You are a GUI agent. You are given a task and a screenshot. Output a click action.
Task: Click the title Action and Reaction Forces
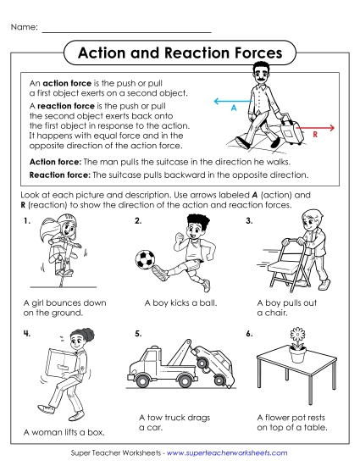click(x=180, y=53)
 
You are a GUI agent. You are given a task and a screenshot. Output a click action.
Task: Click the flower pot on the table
click(x=297, y=355)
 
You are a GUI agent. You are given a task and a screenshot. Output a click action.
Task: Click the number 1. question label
click(x=27, y=221)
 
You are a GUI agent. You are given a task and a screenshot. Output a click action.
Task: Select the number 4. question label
click(x=27, y=333)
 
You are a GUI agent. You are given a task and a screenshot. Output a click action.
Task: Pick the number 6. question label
click(x=249, y=333)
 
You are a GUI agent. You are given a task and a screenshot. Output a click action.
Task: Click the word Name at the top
click(x=24, y=28)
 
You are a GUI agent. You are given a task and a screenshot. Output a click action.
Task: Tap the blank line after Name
click(x=127, y=31)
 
